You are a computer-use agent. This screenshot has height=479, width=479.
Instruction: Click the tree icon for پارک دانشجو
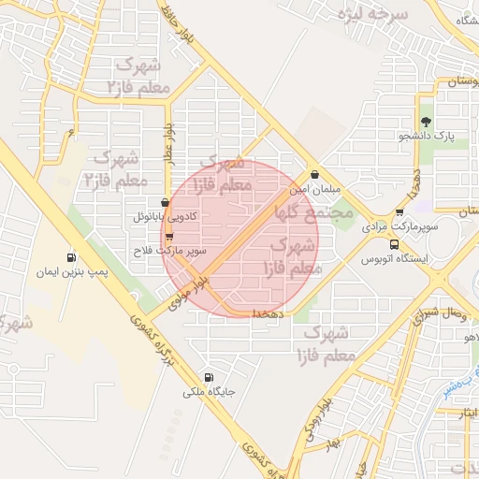click(x=427, y=122)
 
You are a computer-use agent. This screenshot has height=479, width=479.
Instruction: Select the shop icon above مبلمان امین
click(x=314, y=174)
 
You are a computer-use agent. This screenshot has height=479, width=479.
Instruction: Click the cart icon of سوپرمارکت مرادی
click(x=399, y=212)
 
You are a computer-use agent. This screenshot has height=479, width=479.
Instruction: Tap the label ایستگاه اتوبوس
click(x=395, y=258)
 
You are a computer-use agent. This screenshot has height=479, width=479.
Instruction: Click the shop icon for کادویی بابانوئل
click(x=166, y=202)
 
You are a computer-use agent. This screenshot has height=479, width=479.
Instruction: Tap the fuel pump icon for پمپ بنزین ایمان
click(x=72, y=258)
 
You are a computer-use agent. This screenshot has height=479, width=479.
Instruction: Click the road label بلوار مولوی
click(x=186, y=293)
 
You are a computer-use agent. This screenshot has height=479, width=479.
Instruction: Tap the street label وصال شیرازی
click(x=440, y=314)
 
